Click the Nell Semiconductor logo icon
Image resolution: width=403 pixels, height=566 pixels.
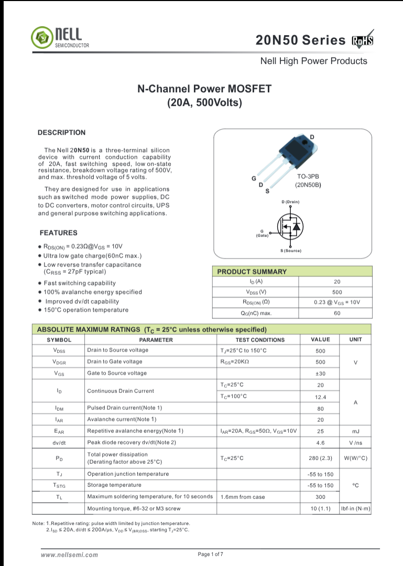[41, 37]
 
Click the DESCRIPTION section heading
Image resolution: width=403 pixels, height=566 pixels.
[61, 133]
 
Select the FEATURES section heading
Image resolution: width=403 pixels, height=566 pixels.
[58, 233]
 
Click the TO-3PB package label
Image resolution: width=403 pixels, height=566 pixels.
[308, 177]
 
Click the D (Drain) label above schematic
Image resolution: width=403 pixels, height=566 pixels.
[290, 202]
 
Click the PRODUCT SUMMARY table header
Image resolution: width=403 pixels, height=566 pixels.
[252, 272]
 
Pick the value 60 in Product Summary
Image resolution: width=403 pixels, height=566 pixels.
[336, 313]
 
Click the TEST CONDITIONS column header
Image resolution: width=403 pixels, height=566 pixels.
[260, 340]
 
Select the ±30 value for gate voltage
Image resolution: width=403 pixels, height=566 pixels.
[320, 373]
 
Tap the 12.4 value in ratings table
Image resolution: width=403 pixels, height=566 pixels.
[320, 397]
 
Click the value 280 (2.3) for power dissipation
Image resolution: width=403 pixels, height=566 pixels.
[320, 458]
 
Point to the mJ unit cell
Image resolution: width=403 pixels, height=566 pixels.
[355, 431]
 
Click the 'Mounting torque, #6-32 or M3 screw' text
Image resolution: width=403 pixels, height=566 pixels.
[134, 509]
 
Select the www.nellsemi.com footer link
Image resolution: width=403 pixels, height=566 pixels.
[69, 554]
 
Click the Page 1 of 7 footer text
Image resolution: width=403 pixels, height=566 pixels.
[210, 554]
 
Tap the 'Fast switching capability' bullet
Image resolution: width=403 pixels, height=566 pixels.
[80, 283]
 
